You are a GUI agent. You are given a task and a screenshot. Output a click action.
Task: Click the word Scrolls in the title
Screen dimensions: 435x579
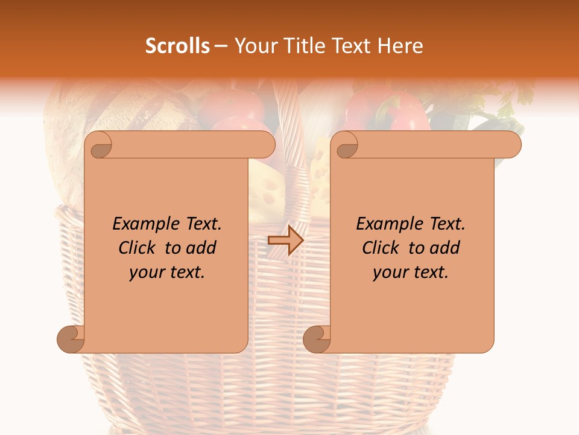click(177, 46)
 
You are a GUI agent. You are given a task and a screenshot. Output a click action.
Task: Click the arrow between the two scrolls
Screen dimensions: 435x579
click(285, 240)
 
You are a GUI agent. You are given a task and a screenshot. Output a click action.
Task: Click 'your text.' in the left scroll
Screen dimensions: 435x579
click(167, 272)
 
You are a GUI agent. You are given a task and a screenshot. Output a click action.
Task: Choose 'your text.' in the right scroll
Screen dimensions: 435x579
click(411, 272)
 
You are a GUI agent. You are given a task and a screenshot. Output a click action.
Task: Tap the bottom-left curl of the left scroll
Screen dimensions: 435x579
click(71, 339)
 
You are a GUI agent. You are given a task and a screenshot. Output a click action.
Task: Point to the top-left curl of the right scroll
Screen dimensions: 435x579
click(346, 146)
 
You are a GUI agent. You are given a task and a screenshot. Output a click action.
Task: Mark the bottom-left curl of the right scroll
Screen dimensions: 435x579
click(317, 339)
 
